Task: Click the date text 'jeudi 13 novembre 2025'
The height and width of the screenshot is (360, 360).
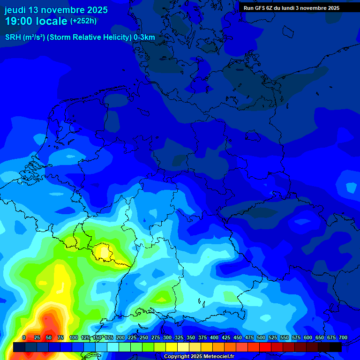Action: [56, 10]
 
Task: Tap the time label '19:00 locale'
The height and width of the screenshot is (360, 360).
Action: [36, 21]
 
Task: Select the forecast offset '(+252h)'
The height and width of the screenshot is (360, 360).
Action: [83, 21]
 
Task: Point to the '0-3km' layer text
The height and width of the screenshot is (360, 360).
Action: [144, 37]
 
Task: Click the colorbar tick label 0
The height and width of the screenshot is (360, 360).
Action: [24, 337]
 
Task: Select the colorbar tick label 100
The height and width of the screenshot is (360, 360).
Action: [74, 337]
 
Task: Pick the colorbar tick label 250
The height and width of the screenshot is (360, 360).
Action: [144, 337]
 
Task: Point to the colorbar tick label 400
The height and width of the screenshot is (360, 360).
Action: [214, 337]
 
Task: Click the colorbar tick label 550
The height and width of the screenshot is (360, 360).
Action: [285, 337]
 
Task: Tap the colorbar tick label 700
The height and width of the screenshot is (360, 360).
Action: [343, 337]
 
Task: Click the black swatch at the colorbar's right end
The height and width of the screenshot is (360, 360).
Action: [336, 347]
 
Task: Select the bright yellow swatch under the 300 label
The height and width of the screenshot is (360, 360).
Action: [172, 347]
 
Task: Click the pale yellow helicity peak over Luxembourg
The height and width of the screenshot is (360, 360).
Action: [102, 252]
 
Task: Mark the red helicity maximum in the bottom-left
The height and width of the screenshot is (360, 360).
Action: [47, 323]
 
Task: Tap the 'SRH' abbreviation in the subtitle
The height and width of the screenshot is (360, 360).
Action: [13, 37]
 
